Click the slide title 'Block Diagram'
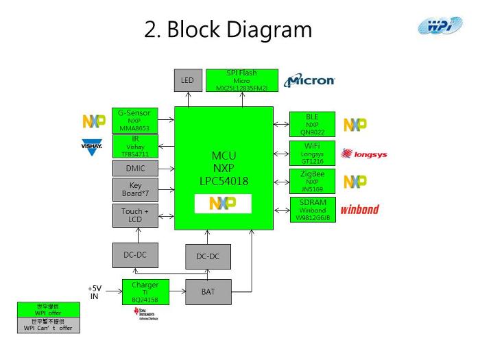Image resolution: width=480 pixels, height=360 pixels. point(228,29)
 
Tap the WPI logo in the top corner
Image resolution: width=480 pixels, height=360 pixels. point(441,27)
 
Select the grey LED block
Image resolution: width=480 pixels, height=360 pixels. point(187,80)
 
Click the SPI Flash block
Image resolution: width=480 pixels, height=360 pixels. point(241,80)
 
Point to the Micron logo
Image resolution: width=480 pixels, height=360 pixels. point(310,80)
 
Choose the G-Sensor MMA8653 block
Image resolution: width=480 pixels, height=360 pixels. point(134,120)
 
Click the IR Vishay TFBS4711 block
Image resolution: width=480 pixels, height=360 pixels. point(134,146)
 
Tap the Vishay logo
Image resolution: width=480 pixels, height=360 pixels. point(93,147)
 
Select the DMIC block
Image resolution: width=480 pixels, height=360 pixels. point(134,168)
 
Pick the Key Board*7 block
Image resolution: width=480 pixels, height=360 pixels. point(134,189)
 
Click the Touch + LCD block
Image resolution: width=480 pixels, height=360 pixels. point(134,215)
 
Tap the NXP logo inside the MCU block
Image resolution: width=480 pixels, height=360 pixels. point(223,204)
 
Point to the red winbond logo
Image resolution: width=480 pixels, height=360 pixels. point(360,209)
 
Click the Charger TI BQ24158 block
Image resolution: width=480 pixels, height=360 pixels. point(145,292)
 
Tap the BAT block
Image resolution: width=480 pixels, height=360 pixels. point(208,292)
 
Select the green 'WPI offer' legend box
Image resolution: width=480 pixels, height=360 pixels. point(48,309)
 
